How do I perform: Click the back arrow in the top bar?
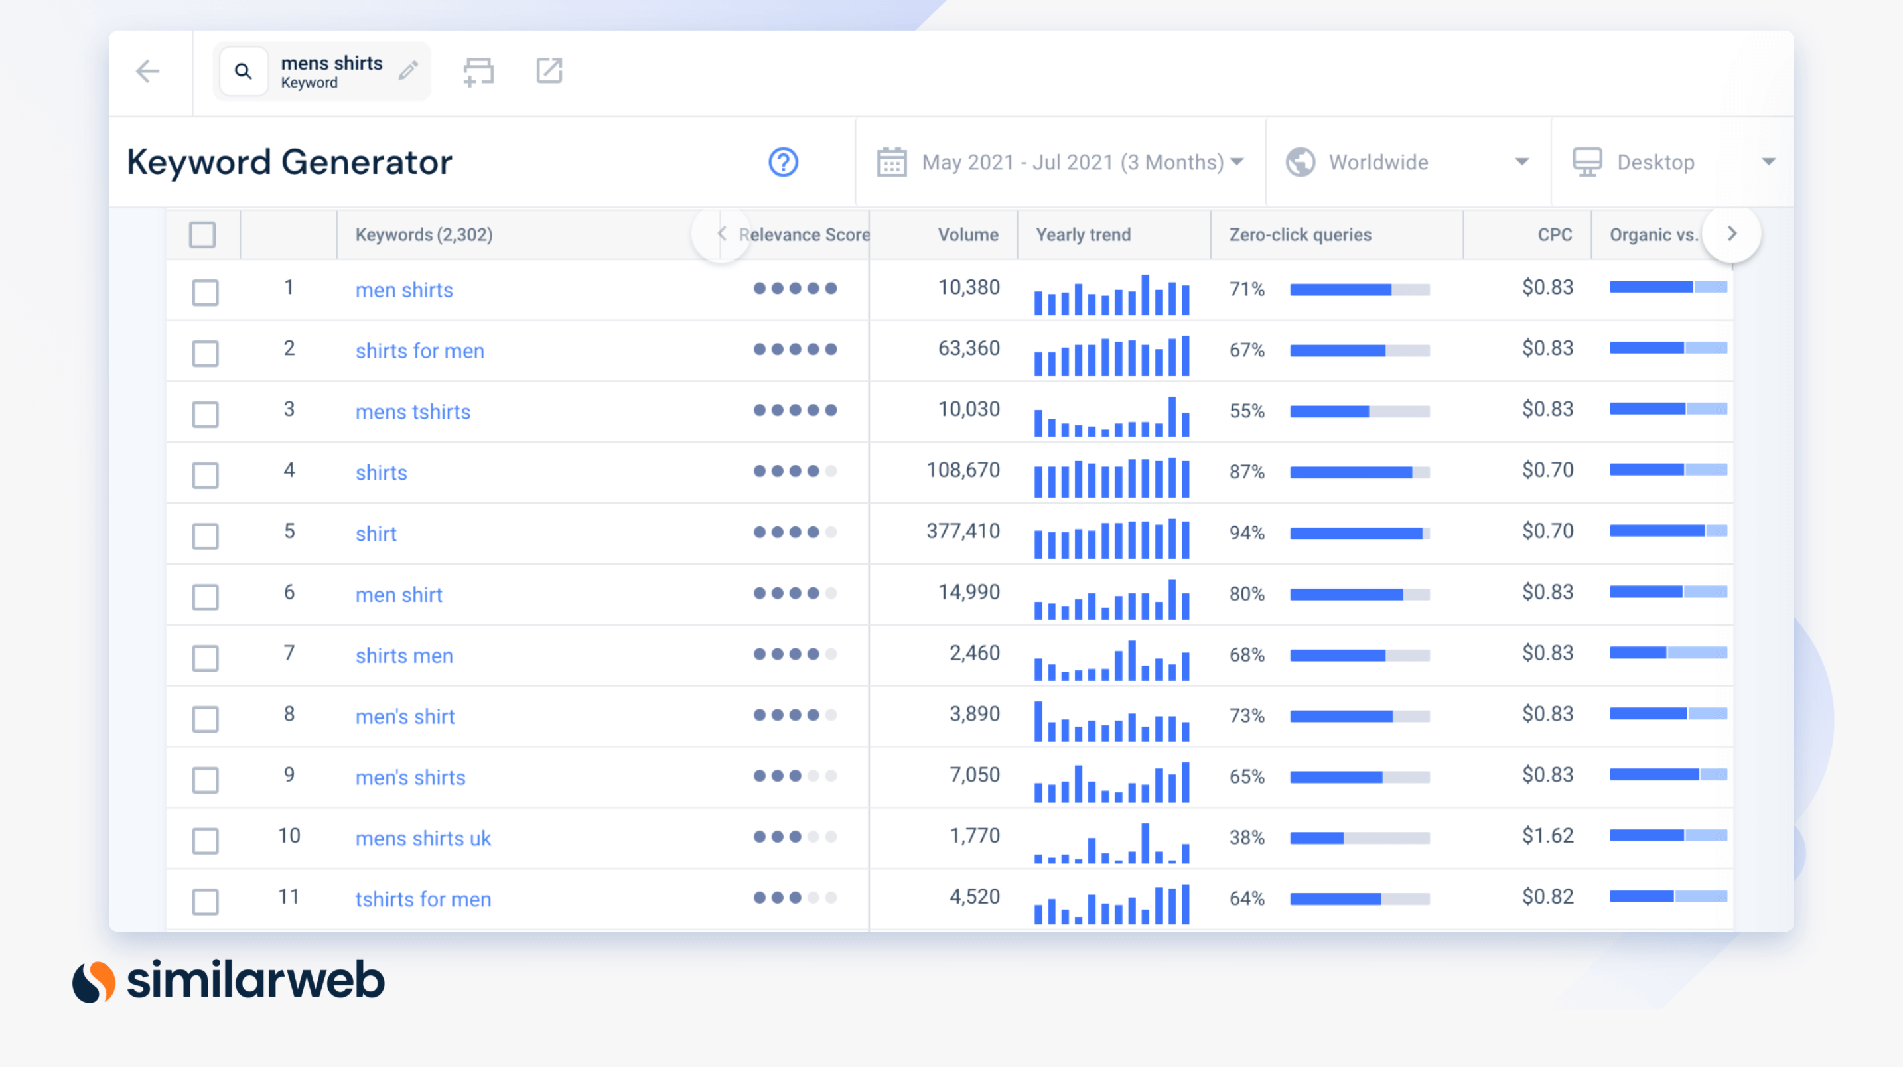click(x=148, y=71)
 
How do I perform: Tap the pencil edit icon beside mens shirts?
click(x=409, y=70)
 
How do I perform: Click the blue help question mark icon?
click(x=783, y=162)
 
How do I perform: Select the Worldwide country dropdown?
click(x=1407, y=162)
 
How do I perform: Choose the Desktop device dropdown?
click(x=1673, y=162)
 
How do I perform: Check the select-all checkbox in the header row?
click(x=202, y=234)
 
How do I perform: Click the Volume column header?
click(x=967, y=234)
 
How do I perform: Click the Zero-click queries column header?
click(x=1301, y=234)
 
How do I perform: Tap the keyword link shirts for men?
click(x=419, y=350)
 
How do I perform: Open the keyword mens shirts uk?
click(x=423, y=838)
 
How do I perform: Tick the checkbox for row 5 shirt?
click(x=206, y=535)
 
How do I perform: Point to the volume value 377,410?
click(x=963, y=532)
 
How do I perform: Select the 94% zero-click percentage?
click(x=1247, y=533)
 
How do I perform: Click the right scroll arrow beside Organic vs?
click(x=1732, y=234)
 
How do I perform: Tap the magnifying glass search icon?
click(x=243, y=71)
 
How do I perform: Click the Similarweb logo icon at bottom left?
click(x=94, y=981)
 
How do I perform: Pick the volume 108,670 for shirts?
click(x=963, y=470)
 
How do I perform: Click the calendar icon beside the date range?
click(x=892, y=162)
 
